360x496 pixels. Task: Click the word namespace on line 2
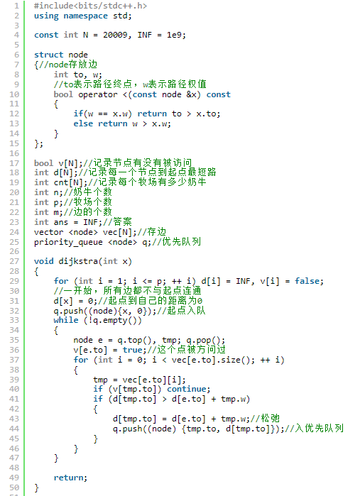pyautogui.click(x=85, y=16)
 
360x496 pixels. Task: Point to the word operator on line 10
pyautogui.click(x=98, y=94)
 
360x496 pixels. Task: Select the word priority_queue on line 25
pyautogui.click(x=68, y=242)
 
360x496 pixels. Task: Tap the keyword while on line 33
pyautogui.click(x=66, y=320)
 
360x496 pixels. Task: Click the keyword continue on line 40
pyautogui.click(x=187, y=389)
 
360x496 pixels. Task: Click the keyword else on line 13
pyautogui.click(x=83, y=123)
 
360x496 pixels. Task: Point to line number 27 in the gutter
pyautogui.click(x=14, y=261)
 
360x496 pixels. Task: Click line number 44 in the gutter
pyautogui.click(x=14, y=429)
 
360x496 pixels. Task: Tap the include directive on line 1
pyautogui.click(x=91, y=6)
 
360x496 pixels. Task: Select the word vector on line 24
pyautogui.click(x=49, y=232)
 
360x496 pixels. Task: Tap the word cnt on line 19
pyautogui.click(x=61, y=182)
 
